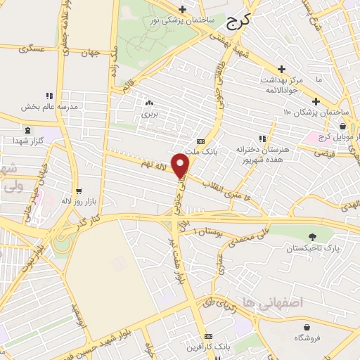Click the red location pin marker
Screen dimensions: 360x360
coord(181,166)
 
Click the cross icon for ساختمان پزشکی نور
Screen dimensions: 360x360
coord(182,9)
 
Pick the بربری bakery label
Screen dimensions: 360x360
coord(148,112)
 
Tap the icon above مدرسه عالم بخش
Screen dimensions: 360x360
coord(49,96)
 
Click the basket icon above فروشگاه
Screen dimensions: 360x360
coord(307,326)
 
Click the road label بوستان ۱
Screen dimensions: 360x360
coord(210,232)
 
